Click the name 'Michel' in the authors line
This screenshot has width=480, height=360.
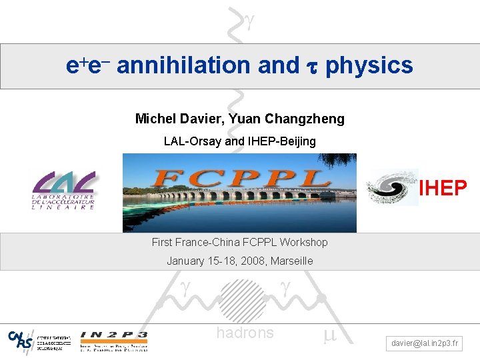[154, 119]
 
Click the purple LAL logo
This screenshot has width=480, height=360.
[65, 190]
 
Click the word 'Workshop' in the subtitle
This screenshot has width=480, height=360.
[304, 242]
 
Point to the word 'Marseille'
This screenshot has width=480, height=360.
[287, 261]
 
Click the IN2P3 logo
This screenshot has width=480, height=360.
[113, 339]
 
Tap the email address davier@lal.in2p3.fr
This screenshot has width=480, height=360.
[425, 343]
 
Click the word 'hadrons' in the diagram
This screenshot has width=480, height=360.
[245, 333]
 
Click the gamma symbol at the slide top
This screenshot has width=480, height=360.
[249, 22]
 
